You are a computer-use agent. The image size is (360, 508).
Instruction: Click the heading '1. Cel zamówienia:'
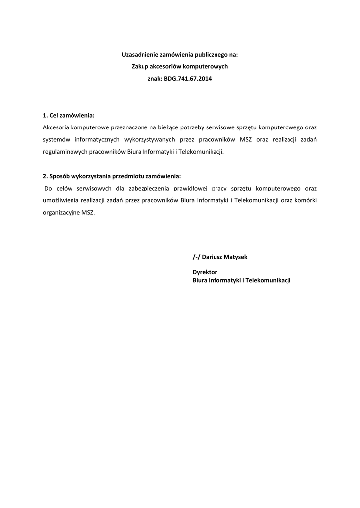click(69, 115)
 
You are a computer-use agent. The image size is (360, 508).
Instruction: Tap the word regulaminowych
click(66, 151)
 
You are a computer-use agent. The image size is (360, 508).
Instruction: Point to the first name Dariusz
click(212, 258)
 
